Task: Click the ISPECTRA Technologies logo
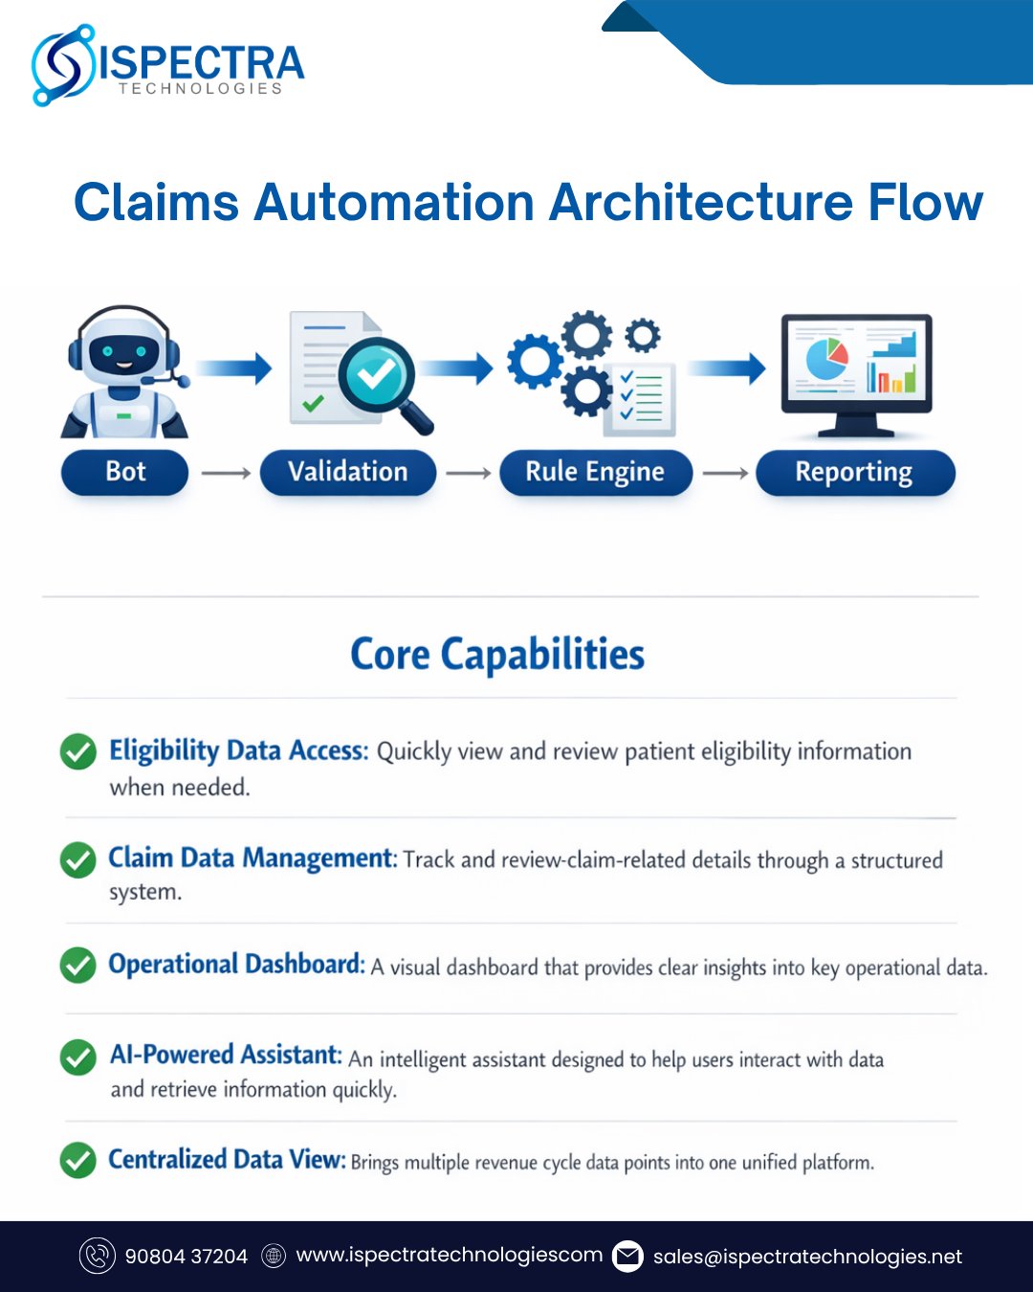(x=167, y=65)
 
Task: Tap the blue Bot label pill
(x=125, y=472)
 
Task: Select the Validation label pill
(x=347, y=472)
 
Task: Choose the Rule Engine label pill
(x=595, y=473)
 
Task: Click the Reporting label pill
(x=854, y=473)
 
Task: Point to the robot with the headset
(x=125, y=374)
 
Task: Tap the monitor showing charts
(x=856, y=373)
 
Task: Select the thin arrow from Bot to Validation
(x=226, y=473)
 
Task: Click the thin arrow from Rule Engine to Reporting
(x=725, y=473)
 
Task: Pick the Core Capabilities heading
(x=497, y=656)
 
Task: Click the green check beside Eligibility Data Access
(x=78, y=752)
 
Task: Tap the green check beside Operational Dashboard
(x=78, y=965)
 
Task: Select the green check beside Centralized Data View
(x=78, y=1161)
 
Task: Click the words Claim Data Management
(x=252, y=858)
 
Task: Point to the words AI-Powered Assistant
(x=226, y=1055)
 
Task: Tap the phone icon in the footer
(x=97, y=1257)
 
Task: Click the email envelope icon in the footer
(x=627, y=1257)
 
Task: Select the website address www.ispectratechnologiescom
(x=450, y=1256)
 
